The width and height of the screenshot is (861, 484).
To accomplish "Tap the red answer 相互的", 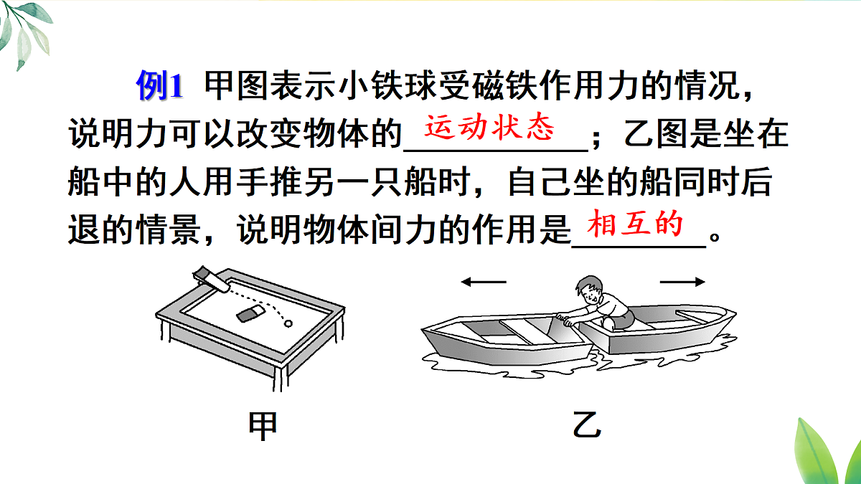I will tap(634, 224).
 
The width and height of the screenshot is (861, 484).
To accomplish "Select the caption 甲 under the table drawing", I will tap(263, 425).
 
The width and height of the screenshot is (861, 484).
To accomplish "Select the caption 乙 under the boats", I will tap(587, 425).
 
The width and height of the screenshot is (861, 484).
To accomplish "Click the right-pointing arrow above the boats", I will tap(682, 283).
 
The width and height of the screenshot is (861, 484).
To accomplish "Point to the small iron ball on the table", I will tap(289, 323).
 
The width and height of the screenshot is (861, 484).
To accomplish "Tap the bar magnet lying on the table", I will tap(249, 314).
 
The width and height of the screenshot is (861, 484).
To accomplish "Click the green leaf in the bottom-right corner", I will tap(825, 448).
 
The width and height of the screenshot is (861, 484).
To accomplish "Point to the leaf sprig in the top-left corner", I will tap(25, 32).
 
